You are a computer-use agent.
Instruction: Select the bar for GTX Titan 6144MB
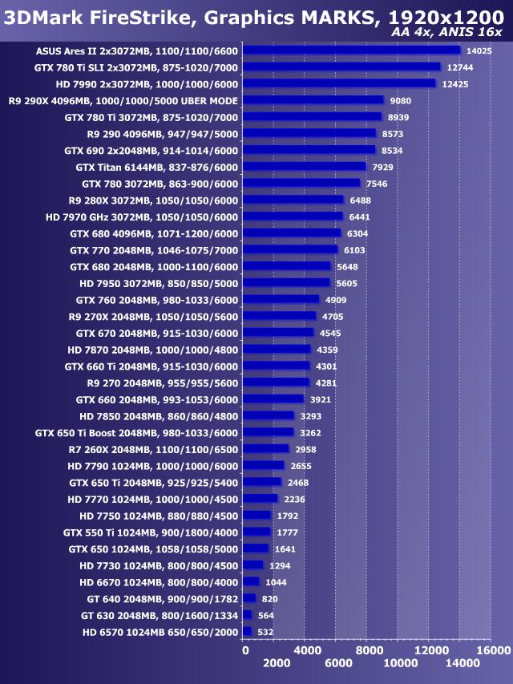pyautogui.click(x=304, y=166)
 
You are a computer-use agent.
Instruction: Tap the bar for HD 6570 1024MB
pyautogui.click(x=247, y=631)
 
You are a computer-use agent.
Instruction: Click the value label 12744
pyautogui.click(x=459, y=67)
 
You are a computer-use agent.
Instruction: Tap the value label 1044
pyautogui.click(x=277, y=581)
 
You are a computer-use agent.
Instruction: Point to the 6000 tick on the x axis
pyautogui.click(x=338, y=663)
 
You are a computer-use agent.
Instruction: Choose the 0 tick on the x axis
pyautogui.click(x=245, y=650)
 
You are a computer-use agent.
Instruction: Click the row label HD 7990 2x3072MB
pyautogui.click(x=147, y=83)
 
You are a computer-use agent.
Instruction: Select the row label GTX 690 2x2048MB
pyautogui.click(x=151, y=150)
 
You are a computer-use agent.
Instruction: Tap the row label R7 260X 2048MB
pyautogui.click(x=153, y=449)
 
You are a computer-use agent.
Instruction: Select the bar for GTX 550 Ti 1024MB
pyautogui.click(x=256, y=532)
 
